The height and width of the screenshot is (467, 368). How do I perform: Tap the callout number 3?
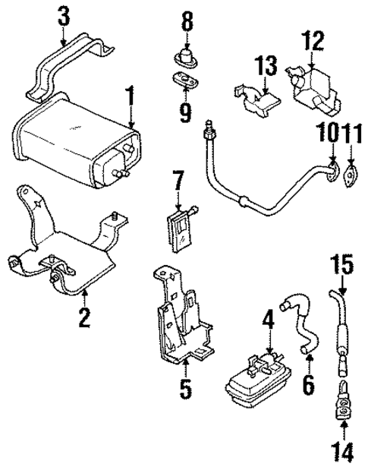coord(65,14)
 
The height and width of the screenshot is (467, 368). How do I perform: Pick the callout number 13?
coord(263,67)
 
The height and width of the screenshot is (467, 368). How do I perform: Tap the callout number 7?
coord(178,183)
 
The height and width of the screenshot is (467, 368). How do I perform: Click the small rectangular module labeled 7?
coord(181,226)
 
